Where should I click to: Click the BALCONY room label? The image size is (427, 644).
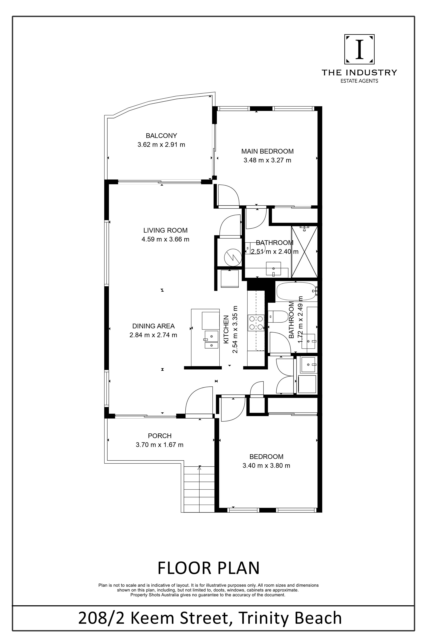161,135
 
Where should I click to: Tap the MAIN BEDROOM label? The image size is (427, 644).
267,151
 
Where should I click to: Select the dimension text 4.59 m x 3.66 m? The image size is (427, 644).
165,239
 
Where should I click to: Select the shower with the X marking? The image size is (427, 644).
304,252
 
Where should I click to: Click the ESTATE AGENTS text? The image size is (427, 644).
359,81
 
